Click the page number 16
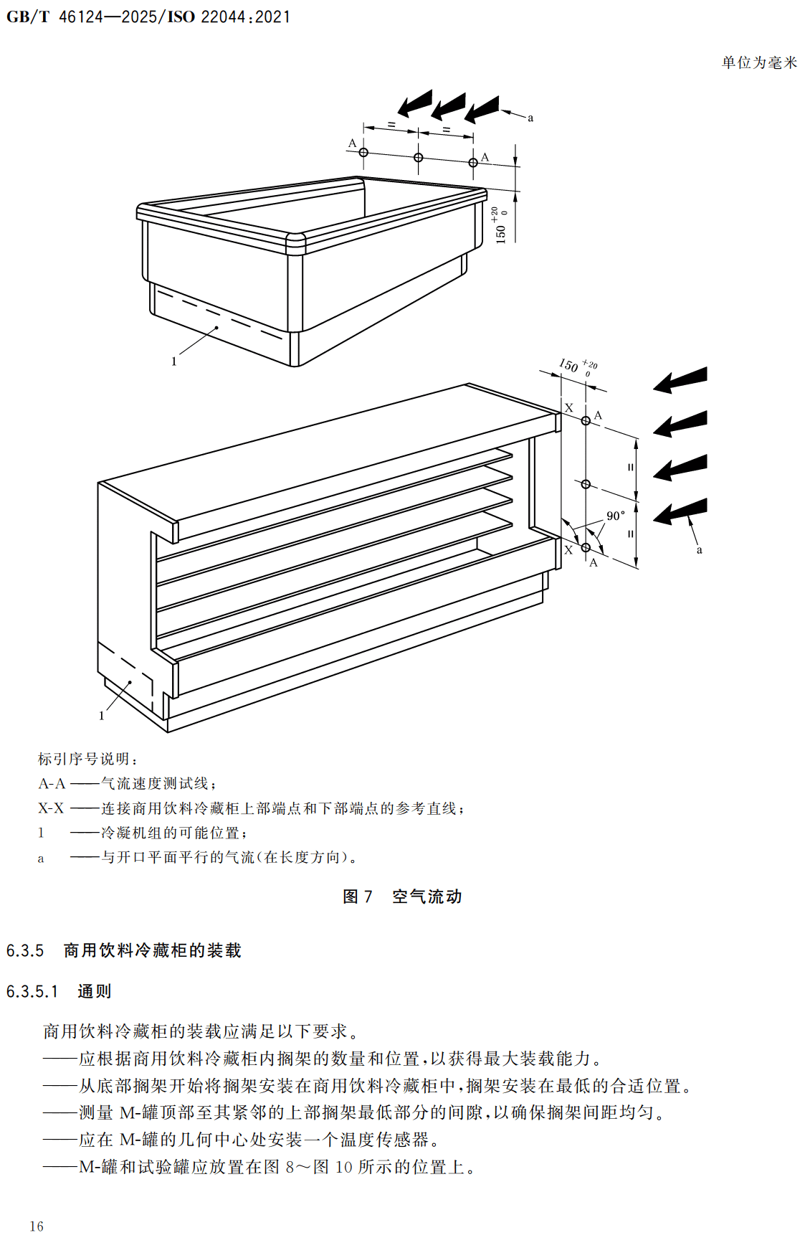pos(37,1226)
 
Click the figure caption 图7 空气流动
pos(402,897)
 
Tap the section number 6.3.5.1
pos(32,992)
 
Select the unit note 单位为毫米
pos(759,63)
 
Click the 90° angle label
pos(615,516)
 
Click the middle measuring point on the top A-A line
pos(419,157)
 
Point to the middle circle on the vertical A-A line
pos(586,484)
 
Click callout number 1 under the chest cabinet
pos(173,361)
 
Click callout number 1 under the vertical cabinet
pos(101,716)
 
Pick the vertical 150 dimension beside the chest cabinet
pos(501,227)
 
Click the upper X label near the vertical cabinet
pos(569,407)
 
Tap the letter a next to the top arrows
pos(530,118)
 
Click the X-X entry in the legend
pos(51,808)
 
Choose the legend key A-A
pos(52,784)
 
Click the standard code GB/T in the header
pos(28,16)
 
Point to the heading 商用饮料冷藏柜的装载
pos(152,951)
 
